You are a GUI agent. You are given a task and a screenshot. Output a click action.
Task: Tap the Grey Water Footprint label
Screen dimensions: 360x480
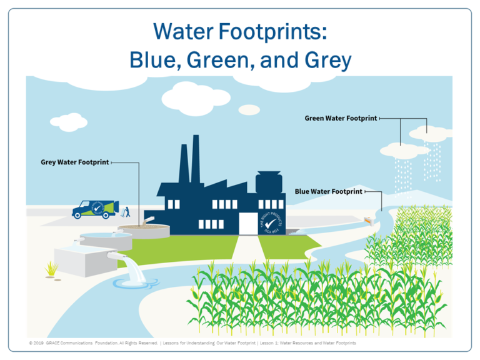(x=75, y=162)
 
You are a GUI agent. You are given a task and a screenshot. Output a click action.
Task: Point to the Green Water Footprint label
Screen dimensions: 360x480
(x=341, y=118)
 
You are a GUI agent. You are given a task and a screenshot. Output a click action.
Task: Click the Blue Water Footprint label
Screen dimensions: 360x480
(x=328, y=191)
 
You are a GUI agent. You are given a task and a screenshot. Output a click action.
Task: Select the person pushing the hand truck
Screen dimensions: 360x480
(x=126, y=211)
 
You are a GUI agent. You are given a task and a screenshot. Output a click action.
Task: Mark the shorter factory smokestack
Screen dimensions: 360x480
(x=184, y=162)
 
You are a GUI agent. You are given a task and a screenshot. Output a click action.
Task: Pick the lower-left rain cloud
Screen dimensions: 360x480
(x=401, y=149)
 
